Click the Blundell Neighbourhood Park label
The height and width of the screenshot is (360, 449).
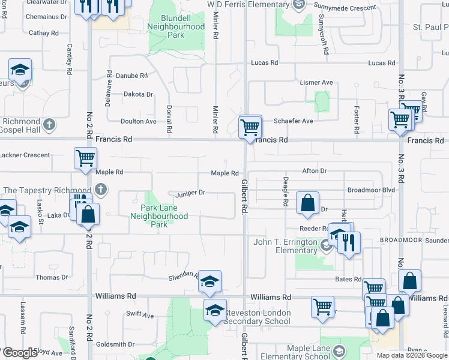tap(175, 27)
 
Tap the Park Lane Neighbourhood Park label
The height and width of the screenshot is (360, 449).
tap(159, 216)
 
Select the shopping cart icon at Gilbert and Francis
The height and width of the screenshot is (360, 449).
tap(250, 127)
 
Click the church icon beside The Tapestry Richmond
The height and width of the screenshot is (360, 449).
tap(101, 190)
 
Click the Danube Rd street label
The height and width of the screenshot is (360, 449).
tap(131, 76)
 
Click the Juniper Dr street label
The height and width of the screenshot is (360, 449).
tap(190, 193)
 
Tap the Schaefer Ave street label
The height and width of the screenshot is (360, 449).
tap(294, 121)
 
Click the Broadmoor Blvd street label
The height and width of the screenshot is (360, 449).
tap(371, 190)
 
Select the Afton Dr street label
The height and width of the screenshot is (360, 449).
tap(315, 171)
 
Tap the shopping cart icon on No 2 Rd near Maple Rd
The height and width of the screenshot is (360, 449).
tap(85, 158)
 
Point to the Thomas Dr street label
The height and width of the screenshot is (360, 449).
tap(52, 277)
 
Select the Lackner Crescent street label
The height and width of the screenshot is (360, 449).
tap(25, 155)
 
